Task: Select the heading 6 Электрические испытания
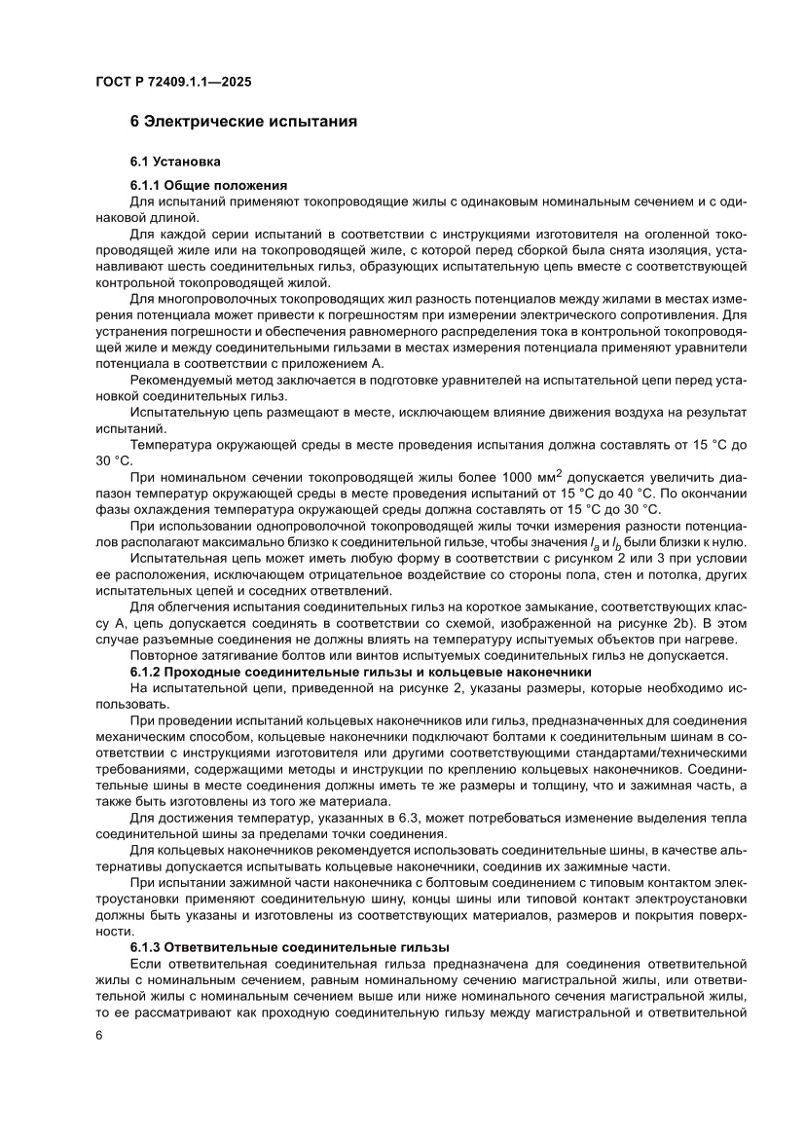point(243,123)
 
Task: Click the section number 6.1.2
point(148,671)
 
